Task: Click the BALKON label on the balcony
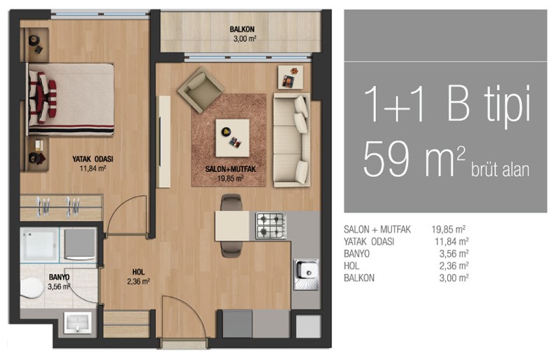pos(242,29)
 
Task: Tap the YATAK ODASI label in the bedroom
pos(93,159)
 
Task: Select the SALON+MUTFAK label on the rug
pos(231,169)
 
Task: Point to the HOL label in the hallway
pos(138,272)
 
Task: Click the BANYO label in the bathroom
pos(59,278)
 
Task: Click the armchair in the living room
pos(201,89)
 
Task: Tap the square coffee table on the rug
pos(233,138)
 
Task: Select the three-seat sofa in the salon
pos(291,140)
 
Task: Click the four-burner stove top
pos(271,226)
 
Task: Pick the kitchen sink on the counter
pos(306,274)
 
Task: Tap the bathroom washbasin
pos(78,322)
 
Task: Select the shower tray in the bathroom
pos(39,245)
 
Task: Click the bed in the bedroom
pos(71,100)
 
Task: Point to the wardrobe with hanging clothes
pos(61,208)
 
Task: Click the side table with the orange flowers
pos(291,77)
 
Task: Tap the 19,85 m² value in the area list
pos(448,229)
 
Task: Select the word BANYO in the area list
pos(356,254)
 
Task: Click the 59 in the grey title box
pos(386,159)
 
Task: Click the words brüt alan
pos(500,169)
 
